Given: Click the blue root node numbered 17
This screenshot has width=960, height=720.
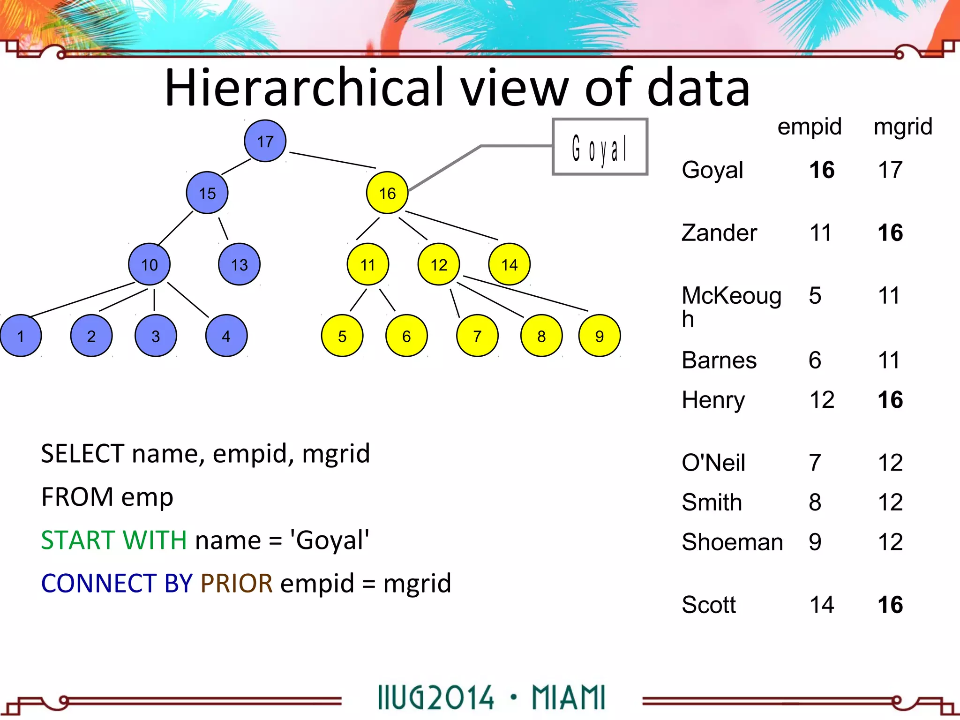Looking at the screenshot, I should (x=265, y=141).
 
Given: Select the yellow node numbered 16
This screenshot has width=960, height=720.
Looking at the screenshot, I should (x=387, y=193).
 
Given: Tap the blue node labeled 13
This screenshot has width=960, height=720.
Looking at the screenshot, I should (x=239, y=264).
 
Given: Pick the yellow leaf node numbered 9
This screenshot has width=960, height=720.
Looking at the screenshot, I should (x=599, y=336).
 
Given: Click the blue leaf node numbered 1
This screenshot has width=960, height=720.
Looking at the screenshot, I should (x=20, y=336).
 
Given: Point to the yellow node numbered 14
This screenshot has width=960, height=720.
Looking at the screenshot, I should (x=509, y=264).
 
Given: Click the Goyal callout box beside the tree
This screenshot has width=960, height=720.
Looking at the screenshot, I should (x=600, y=147).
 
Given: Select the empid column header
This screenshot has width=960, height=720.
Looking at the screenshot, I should (x=809, y=127).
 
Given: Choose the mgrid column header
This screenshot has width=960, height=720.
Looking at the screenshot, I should (x=903, y=127).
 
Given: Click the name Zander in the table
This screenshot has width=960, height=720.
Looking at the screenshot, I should (x=719, y=232).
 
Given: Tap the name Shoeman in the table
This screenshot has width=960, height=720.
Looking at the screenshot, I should (x=732, y=542).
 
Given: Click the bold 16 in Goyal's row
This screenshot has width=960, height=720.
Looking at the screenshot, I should (x=822, y=170).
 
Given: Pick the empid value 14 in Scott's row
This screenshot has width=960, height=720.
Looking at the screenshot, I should (x=822, y=605).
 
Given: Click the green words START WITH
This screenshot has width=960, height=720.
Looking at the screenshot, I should (x=113, y=540).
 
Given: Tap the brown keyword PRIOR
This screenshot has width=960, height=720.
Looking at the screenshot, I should (x=236, y=583).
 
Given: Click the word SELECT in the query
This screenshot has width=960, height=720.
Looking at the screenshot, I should (x=82, y=453).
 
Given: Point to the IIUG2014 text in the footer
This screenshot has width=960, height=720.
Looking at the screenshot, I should (x=436, y=697).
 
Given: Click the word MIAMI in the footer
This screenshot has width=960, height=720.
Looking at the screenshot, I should (x=568, y=697).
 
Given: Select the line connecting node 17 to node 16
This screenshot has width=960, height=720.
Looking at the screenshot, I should (x=333, y=160).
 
